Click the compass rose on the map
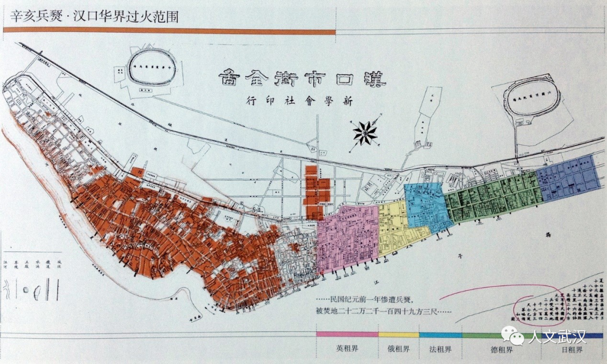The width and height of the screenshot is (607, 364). pyautogui.click(x=365, y=133)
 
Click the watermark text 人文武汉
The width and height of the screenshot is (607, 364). pyautogui.click(x=556, y=337)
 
